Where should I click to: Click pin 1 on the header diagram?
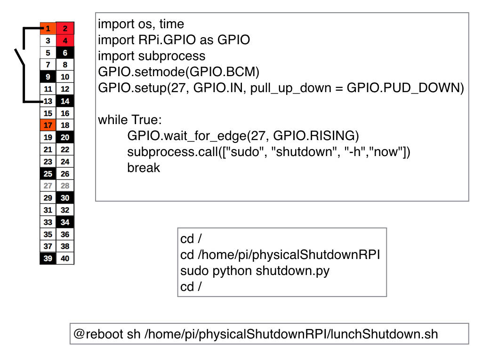pos(48,29)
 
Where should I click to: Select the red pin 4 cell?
pos(65,41)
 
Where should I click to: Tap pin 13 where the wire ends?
pos(48,101)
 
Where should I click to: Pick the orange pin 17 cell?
pos(48,126)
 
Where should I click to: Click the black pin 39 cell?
pos(48,259)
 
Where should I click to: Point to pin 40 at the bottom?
pos(65,259)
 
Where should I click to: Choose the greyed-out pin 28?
pos(65,186)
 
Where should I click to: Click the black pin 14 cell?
pos(65,101)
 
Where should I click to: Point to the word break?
pos(144,168)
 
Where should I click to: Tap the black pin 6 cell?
pos(65,53)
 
